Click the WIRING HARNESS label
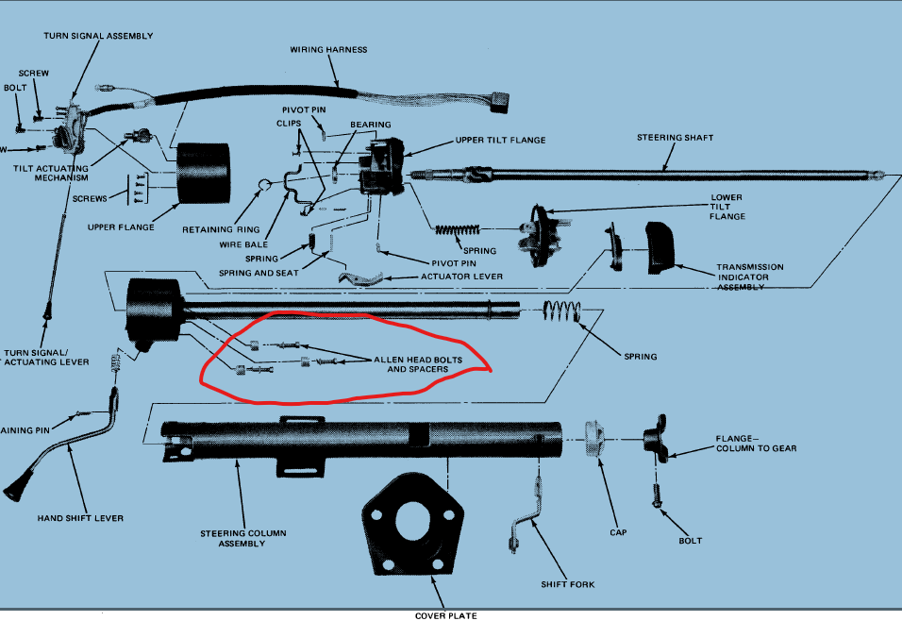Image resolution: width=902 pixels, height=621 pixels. (328, 49)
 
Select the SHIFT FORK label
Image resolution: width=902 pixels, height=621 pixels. (569, 585)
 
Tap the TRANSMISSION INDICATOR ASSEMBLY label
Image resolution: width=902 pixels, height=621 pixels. (749, 277)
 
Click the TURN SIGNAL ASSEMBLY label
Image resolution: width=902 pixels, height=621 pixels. (97, 36)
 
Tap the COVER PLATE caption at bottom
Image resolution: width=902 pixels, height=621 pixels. (446, 615)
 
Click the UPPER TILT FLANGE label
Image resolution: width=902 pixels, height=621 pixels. (501, 141)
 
